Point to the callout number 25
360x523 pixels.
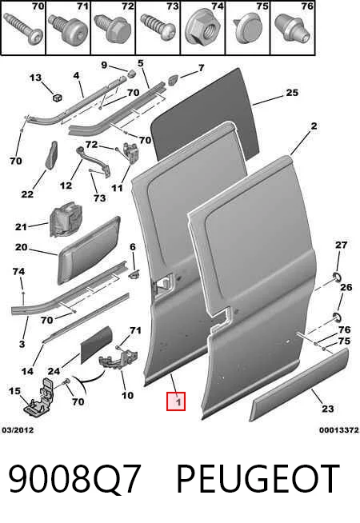pos(292,93)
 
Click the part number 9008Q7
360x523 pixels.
pos(74,479)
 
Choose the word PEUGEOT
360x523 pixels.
pos(258,479)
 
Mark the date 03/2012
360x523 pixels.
pos(18,430)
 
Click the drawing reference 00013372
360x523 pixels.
pos(339,430)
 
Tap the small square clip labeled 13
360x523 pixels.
pos(58,98)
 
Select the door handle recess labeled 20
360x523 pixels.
pos(90,250)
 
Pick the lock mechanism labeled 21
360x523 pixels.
pos(66,218)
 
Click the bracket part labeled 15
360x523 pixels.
pos(40,397)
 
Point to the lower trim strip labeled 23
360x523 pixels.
pos(299,385)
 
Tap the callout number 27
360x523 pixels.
pos(341,246)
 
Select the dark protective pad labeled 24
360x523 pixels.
pos(97,345)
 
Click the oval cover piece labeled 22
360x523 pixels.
pos(52,155)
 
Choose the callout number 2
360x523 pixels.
pos(314,126)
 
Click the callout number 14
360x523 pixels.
pos(27,371)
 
